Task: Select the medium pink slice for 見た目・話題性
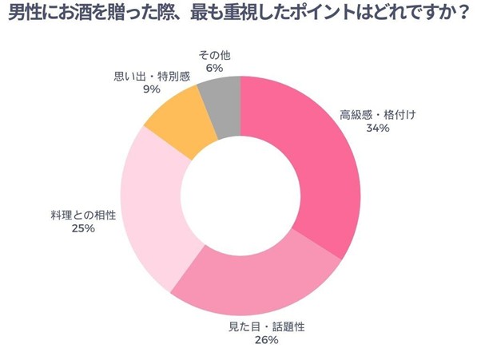256,283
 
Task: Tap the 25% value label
83,228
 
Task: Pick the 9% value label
152,90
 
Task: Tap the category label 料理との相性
83,215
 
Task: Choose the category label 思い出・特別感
152,77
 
